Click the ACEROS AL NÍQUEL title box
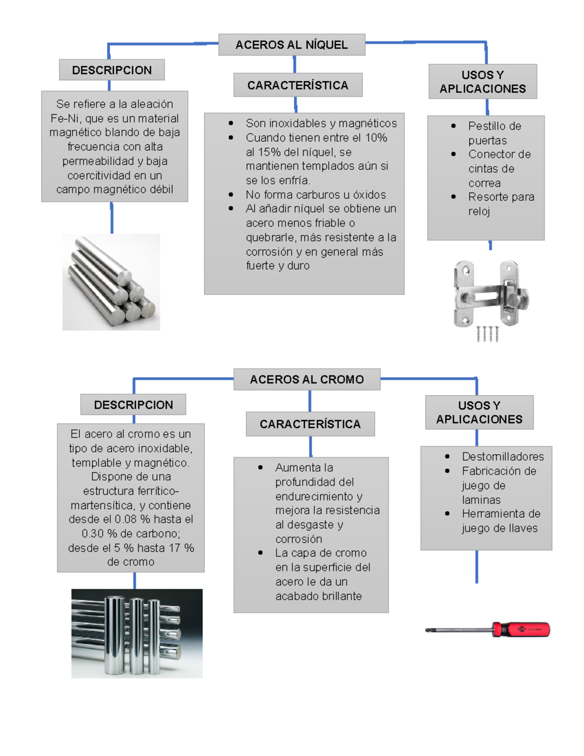[292, 45]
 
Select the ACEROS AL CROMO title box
[307, 380]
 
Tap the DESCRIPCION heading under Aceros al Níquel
[111, 70]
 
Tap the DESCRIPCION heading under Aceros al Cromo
[133, 405]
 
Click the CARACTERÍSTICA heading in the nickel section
[297, 85]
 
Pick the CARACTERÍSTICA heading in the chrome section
[310, 424]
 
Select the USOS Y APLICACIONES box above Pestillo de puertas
[482, 82]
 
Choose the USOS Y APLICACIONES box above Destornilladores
[479, 412]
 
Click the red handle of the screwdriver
[522, 629]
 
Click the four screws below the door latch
[487, 334]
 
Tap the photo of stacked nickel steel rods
[111, 282]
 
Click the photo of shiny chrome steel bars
[137, 633]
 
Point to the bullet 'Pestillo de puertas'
[494, 133]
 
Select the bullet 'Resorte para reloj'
[500, 204]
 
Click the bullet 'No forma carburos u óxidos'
[315, 195]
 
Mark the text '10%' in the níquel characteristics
[376, 138]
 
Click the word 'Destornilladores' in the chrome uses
[503, 457]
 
